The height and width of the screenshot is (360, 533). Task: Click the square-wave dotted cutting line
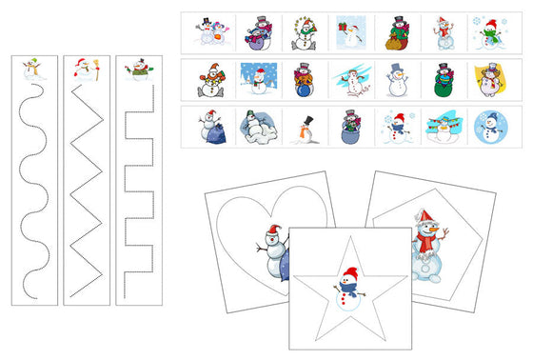[x=139, y=190]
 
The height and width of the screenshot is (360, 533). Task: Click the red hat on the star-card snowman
[x=349, y=272]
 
